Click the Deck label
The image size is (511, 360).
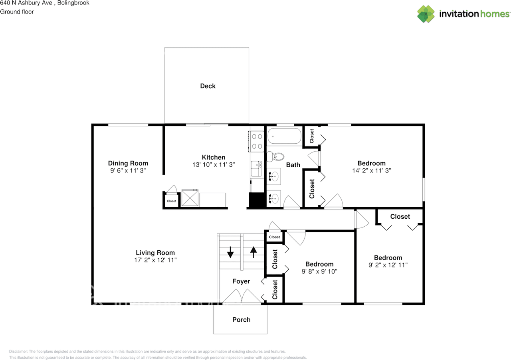tap(208, 86)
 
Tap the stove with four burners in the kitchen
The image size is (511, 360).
tap(257, 141)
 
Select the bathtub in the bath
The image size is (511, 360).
tap(284, 136)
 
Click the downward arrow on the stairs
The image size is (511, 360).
tap(230, 252)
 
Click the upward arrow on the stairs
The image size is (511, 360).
tap(253, 252)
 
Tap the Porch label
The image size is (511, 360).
tap(242, 320)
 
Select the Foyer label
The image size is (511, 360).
tap(241, 281)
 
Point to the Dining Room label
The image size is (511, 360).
tap(128, 163)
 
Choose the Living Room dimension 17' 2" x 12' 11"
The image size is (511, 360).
tap(155, 260)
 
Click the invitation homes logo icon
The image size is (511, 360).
tap(426, 14)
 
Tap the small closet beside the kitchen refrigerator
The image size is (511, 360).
tap(171, 201)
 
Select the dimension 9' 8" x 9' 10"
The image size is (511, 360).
tap(319, 271)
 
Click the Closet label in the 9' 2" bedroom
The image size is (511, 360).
tap(400, 216)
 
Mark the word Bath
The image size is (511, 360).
tap(293, 165)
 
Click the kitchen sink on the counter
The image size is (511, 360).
tap(256, 169)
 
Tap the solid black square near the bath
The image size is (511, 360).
tap(257, 200)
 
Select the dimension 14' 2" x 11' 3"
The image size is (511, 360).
tap(371, 170)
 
